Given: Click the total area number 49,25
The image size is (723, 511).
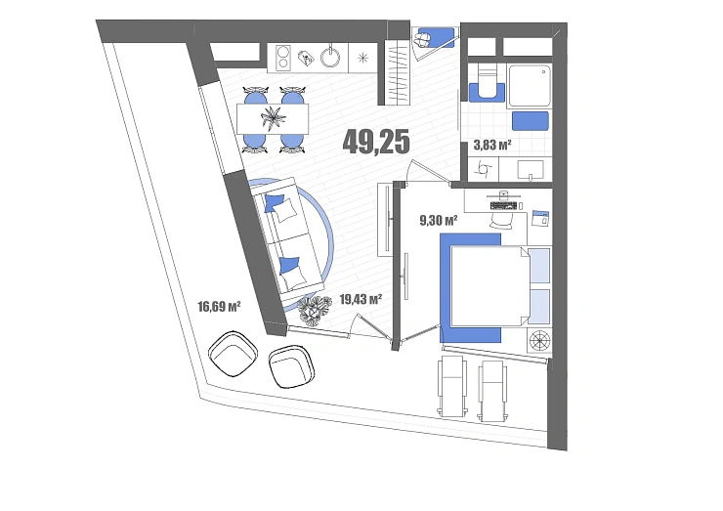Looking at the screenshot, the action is pyautogui.click(x=376, y=141).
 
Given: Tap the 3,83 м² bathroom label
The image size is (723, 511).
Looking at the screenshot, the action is pyautogui.click(x=492, y=146).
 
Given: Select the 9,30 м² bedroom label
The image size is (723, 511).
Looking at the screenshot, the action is pyautogui.click(x=439, y=221).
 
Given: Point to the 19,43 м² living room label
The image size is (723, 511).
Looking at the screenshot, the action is pyautogui.click(x=361, y=300).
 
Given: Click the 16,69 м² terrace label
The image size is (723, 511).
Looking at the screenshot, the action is pyautogui.click(x=219, y=306).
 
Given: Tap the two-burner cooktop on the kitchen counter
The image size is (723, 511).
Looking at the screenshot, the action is pyautogui.click(x=283, y=58).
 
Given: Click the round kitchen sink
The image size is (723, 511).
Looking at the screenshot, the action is pyautogui.click(x=332, y=58).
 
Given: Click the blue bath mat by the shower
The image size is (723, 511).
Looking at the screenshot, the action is pyautogui.click(x=531, y=121).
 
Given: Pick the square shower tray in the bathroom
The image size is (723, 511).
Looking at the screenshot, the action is pyautogui.click(x=530, y=86).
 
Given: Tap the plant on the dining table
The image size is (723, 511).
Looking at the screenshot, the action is pyautogui.click(x=273, y=117).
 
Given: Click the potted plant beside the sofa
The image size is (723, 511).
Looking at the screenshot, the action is pyautogui.click(x=315, y=311).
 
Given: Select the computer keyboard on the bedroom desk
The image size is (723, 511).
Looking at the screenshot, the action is pyautogui.click(x=504, y=206).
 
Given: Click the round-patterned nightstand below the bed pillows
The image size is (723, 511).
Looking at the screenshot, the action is pyautogui.click(x=540, y=341).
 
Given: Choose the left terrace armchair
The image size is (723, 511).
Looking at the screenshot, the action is pyautogui.click(x=233, y=354).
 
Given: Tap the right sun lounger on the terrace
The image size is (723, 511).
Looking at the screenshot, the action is pyautogui.click(x=492, y=391).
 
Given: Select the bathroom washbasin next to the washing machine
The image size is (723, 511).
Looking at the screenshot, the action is pyautogui.click(x=531, y=170).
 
